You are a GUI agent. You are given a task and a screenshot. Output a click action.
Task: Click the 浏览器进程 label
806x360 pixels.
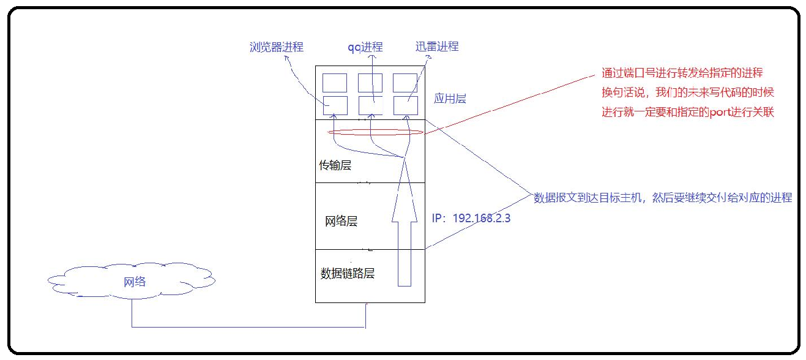pos(277,47)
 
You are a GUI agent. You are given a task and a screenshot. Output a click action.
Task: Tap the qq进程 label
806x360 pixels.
pos(365,47)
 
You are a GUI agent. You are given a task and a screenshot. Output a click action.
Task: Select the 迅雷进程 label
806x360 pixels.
pos(436,47)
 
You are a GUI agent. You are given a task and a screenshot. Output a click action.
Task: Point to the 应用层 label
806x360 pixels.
pos(450,98)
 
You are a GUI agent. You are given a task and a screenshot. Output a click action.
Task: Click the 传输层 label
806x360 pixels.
pos(335,165)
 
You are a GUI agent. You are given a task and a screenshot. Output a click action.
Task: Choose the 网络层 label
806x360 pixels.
pos(341,222)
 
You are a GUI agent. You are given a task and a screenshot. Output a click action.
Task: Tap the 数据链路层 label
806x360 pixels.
pos(348,274)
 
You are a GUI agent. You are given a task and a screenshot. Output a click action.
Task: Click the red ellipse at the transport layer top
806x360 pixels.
pos(375,132)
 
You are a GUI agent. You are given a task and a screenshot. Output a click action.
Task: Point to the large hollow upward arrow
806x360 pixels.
pos(403,233)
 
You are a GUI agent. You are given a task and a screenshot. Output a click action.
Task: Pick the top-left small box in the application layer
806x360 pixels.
pos(335,83)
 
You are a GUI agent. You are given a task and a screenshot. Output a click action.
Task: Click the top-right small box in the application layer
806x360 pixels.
pos(405,83)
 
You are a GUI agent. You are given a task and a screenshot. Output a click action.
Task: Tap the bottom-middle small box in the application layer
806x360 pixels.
pos(370,105)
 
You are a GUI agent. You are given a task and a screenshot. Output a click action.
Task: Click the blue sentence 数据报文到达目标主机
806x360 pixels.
pos(663,197)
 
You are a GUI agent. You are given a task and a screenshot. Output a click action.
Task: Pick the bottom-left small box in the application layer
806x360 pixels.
pos(335,105)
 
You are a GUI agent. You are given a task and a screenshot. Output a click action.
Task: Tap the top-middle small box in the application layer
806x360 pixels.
pos(370,83)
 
